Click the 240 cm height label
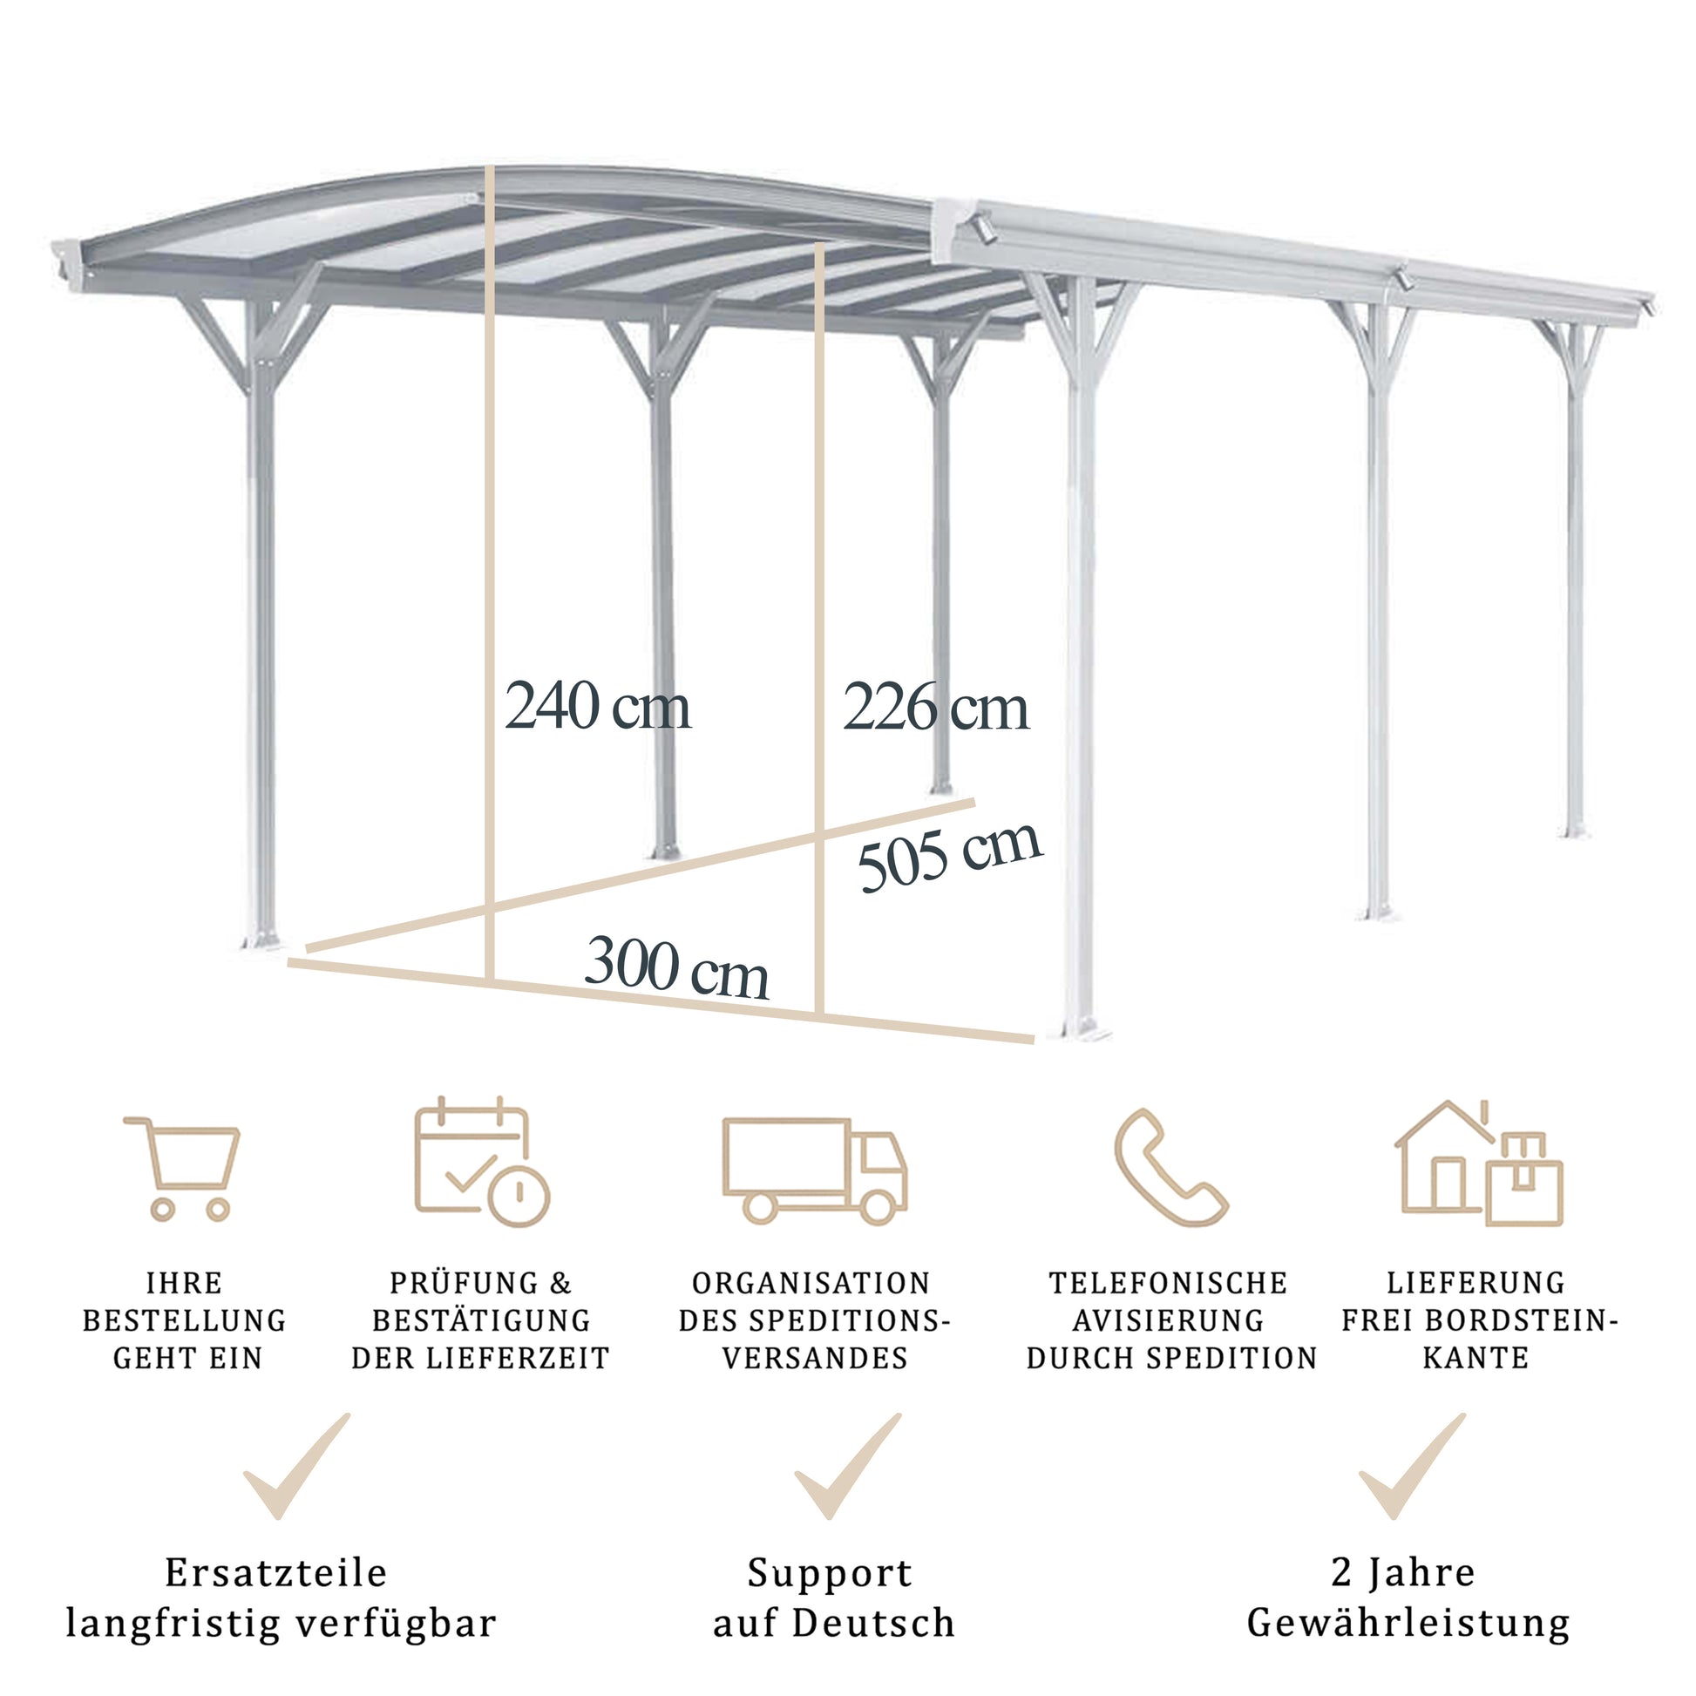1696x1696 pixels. (x=597, y=706)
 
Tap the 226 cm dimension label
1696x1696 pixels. (x=935, y=707)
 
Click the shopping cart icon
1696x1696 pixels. (x=183, y=1169)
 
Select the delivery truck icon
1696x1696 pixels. (x=815, y=1170)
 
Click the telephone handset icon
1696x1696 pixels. (x=1170, y=1167)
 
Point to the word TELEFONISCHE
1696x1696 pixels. (x=1169, y=1283)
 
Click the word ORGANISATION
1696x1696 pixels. (x=811, y=1283)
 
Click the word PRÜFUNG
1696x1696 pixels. (x=465, y=1283)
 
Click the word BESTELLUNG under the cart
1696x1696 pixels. (x=185, y=1320)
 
